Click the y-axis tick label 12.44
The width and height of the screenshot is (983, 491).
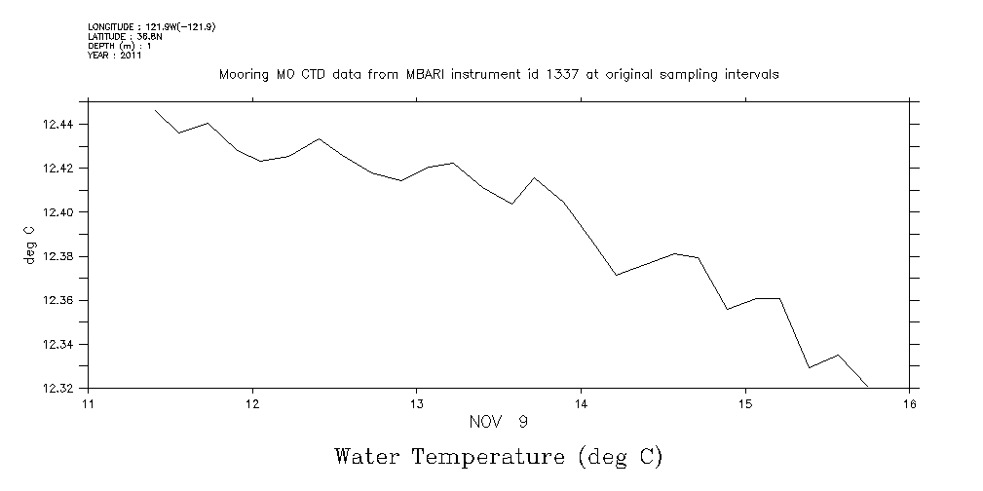click(x=60, y=125)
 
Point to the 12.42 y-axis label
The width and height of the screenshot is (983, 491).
click(x=60, y=169)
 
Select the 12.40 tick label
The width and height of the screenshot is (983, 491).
click(x=60, y=212)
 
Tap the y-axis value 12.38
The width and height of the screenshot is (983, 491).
click(x=60, y=256)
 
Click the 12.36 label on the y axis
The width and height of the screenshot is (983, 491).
click(x=60, y=300)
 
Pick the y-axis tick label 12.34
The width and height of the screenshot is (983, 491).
click(x=60, y=345)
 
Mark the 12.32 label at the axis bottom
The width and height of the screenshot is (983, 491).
click(x=60, y=389)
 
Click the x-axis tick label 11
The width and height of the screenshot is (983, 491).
click(x=88, y=404)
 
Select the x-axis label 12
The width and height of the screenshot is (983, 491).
click(x=252, y=404)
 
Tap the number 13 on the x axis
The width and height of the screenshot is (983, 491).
click(x=417, y=404)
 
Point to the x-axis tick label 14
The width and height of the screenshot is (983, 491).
click(x=581, y=404)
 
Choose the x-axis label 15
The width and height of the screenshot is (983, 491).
click(x=745, y=404)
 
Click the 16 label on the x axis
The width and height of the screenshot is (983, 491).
click(x=909, y=404)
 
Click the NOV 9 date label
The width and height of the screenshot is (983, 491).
click(x=499, y=422)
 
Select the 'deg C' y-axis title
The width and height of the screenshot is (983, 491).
click(x=30, y=245)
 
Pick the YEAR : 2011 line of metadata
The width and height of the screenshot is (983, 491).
click(x=115, y=56)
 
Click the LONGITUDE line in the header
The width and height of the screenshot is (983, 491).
click(x=151, y=26)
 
